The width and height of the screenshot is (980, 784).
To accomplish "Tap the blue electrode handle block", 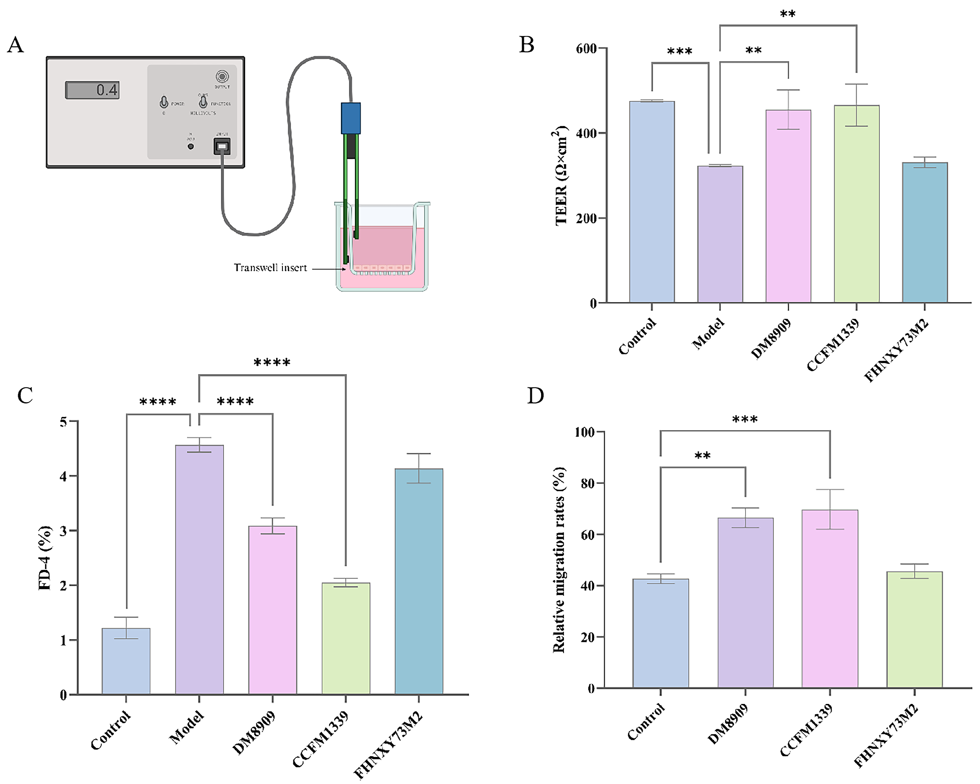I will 350,118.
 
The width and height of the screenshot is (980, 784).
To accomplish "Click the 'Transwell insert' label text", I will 270,268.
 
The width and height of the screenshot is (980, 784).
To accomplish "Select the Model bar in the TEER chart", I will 720,234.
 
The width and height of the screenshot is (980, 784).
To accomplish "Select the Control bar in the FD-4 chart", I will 126,661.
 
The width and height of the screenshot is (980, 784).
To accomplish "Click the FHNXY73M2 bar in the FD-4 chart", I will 419,581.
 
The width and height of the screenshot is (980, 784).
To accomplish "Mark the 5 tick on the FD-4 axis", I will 63,422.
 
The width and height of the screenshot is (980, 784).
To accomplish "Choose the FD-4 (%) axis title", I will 45,558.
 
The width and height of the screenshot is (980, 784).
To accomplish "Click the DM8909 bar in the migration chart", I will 745,603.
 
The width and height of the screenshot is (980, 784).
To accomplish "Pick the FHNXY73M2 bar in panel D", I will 914,629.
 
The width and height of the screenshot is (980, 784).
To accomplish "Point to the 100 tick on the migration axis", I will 585,432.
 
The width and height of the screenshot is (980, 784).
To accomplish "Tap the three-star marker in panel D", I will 744,419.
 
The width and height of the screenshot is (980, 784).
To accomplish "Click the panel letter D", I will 536,396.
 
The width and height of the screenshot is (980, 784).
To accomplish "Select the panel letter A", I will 15,45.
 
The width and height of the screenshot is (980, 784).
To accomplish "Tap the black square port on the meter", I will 222,146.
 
